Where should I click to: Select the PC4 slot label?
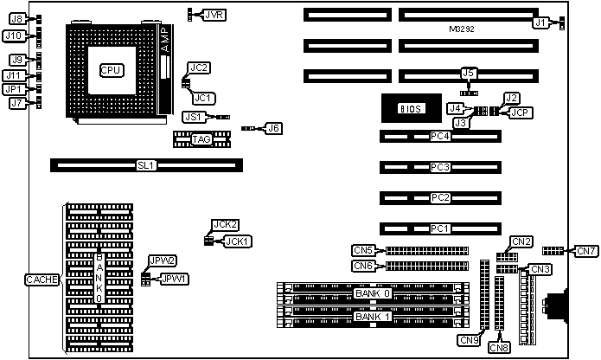pos(440,137)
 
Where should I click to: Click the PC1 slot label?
pos(440,228)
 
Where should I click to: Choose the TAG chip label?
pos(201,139)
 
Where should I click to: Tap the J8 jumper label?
pos(16,18)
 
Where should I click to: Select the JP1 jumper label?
pos(13,89)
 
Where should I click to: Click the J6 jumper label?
pos(273,128)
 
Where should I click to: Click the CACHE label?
pos(40,279)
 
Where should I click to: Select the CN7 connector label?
pos(587,251)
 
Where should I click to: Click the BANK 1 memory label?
pos(373,315)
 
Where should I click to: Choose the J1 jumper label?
pos(540,23)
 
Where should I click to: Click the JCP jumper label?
pos(521,112)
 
